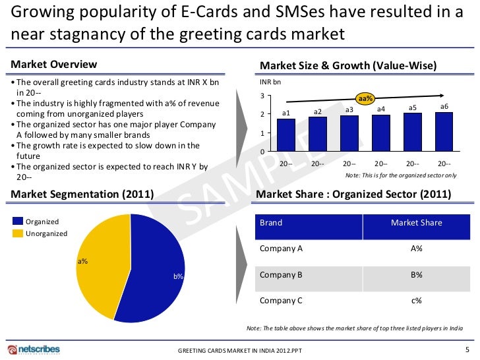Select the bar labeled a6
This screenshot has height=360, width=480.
444,132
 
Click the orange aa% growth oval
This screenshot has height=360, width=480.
365,98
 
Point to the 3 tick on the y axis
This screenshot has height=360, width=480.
262,97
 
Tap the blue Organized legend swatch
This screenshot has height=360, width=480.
17,222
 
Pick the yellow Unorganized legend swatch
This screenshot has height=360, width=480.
17,233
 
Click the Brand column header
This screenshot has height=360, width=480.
271,223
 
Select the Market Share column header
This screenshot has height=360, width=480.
416,223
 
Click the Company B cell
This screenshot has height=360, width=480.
282,275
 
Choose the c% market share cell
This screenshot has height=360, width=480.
416,301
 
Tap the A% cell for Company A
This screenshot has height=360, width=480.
416,249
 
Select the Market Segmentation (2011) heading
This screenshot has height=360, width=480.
82,195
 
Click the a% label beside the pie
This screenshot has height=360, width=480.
82,262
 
